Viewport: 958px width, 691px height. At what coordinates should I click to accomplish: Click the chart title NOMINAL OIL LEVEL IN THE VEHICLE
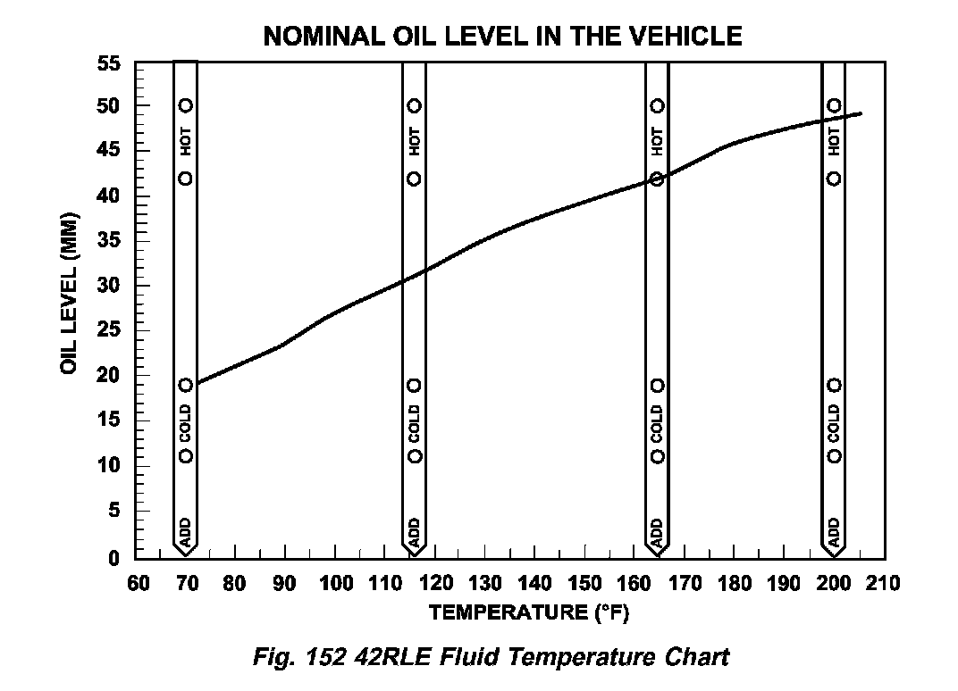[502, 37]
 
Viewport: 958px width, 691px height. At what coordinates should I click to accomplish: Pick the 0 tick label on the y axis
[114, 559]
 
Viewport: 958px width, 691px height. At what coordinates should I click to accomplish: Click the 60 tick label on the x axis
[137, 584]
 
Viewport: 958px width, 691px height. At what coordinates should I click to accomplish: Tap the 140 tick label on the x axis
[534, 584]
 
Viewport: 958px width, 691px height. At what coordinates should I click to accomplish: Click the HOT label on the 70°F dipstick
[186, 141]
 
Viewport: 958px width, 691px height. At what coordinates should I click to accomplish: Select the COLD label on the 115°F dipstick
[415, 421]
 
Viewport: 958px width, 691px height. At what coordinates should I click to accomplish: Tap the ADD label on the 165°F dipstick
[658, 532]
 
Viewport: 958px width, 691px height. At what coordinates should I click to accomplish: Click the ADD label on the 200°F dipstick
[834, 532]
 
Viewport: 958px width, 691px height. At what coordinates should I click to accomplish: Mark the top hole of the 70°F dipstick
[186, 105]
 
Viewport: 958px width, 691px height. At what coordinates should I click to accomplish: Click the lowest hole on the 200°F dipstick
[835, 456]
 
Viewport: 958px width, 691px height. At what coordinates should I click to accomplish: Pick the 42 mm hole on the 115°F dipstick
[415, 179]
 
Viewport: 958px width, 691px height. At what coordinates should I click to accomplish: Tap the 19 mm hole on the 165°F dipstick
[658, 386]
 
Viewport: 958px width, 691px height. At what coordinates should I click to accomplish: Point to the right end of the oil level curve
[861, 113]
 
